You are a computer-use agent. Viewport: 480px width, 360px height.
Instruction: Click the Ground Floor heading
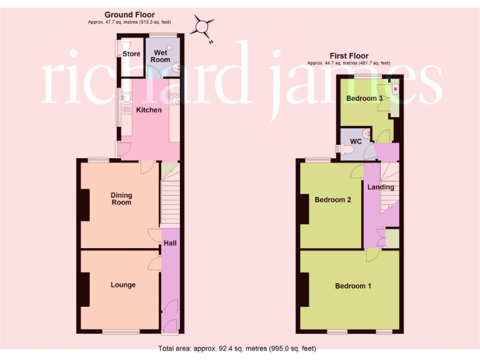pyautogui.click(x=129, y=15)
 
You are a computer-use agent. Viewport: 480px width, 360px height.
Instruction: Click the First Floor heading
pyautogui.click(x=349, y=56)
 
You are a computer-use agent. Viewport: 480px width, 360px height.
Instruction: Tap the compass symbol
pyautogui.click(x=201, y=27)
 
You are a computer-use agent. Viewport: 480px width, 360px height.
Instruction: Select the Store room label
pyautogui.click(x=131, y=54)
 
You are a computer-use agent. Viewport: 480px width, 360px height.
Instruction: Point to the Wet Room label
pyautogui.click(x=161, y=56)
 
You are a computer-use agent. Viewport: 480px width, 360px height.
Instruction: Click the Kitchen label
pyautogui.click(x=149, y=110)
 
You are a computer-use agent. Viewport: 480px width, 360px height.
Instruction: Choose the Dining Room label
pyautogui.click(x=121, y=199)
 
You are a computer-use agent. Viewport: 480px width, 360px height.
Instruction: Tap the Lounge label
pyautogui.click(x=123, y=285)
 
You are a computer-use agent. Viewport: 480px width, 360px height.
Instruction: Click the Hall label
pyautogui.click(x=169, y=242)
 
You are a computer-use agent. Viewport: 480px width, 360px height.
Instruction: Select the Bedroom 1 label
pyautogui.click(x=353, y=286)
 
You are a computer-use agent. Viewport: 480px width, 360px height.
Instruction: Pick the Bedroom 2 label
pyautogui.click(x=332, y=200)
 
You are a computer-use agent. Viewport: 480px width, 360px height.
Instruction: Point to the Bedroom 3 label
pyautogui.click(x=364, y=99)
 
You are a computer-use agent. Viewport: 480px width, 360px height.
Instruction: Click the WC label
pyautogui.click(x=356, y=141)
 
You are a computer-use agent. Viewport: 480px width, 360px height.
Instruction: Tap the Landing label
pyautogui.click(x=381, y=187)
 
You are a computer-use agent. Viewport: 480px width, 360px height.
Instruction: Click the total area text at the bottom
pyautogui.click(x=237, y=348)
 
